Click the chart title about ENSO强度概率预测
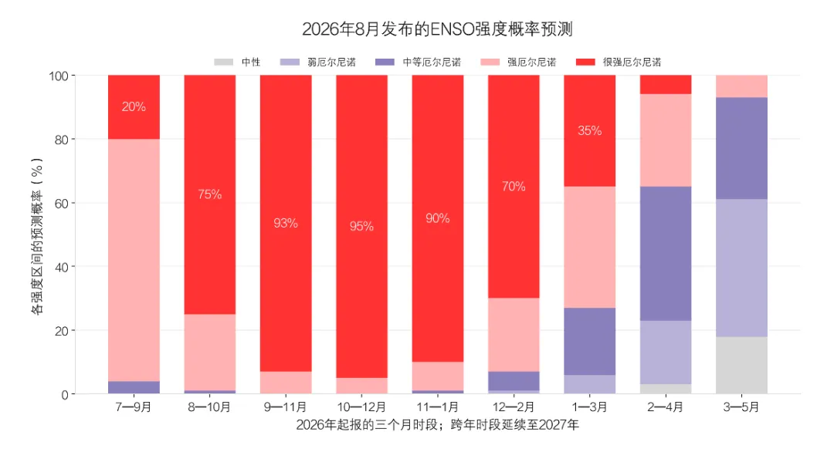click(437, 29)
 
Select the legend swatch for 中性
click(223, 62)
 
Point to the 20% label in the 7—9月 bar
click(134, 106)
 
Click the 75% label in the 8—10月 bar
click(209, 194)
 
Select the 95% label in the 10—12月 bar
click(361, 226)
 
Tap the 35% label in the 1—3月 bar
click(590, 130)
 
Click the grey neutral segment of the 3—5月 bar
click(741, 366)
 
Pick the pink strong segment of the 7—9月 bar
click(134, 260)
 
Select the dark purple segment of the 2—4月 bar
click(666, 253)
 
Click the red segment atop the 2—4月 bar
click(666, 84)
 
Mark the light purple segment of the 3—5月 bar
click(741, 268)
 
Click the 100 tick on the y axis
click(59, 76)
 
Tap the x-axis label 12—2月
click(514, 407)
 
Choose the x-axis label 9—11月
click(286, 407)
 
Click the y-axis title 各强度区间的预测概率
click(37, 237)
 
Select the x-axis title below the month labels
click(438, 425)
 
